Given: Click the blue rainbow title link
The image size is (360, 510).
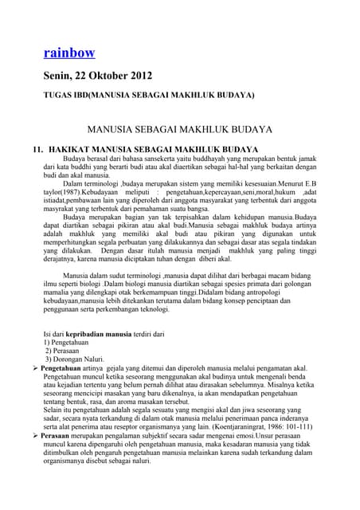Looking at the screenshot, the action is pos(69,53).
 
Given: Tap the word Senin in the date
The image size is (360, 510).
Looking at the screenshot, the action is pos(61,77).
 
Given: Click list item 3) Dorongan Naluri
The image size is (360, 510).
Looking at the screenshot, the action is pos(80,368).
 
